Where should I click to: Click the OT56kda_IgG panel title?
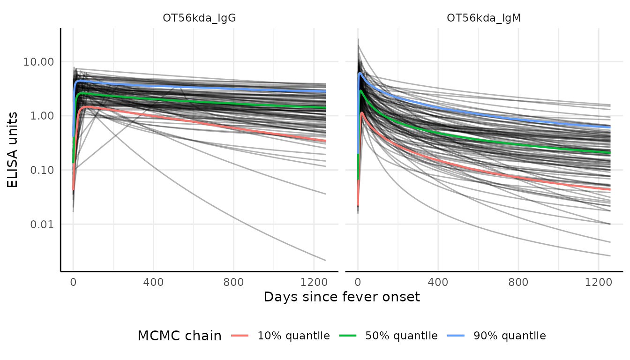[199, 18]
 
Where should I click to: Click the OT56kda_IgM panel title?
[484, 18]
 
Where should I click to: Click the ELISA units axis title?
[13, 150]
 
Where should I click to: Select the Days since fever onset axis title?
[342, 297]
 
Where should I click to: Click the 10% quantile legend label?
[293, 336]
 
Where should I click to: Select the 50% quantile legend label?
[401, 336]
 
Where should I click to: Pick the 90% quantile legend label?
[510, 336]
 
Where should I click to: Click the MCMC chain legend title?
[180, 336]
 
